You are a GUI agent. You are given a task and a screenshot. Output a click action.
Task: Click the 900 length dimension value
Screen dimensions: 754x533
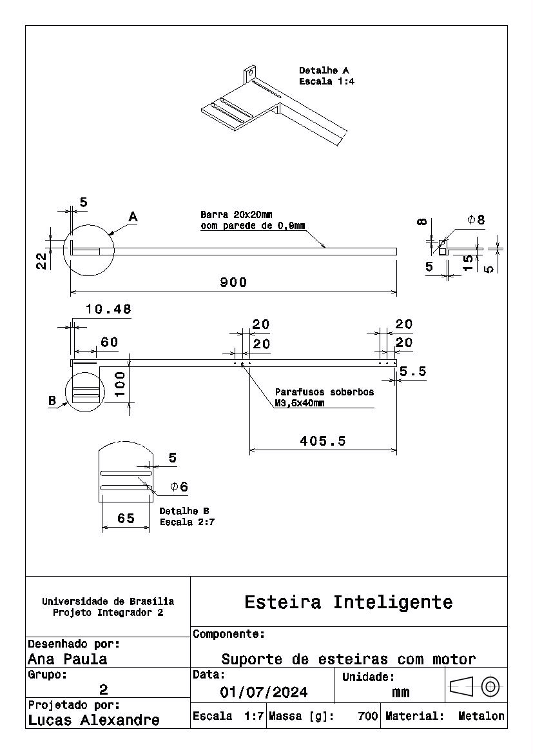233,283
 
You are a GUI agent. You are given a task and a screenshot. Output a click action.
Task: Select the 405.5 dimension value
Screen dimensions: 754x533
322,441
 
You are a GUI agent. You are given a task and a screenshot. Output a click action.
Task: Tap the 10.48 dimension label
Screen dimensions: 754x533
108,310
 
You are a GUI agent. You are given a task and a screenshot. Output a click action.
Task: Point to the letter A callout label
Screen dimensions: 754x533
133,217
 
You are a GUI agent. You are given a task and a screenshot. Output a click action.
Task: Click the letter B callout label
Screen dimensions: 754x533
52,401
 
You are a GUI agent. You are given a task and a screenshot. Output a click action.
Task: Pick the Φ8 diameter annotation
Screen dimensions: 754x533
476,220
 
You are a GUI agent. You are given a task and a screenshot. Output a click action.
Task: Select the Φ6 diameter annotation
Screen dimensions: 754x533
179,486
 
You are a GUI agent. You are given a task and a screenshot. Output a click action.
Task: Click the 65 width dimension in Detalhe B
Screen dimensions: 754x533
126,519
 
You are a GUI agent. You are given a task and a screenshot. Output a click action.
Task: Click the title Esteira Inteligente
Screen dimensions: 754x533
348,602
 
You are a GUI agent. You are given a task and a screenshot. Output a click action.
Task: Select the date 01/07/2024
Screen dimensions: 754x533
264,693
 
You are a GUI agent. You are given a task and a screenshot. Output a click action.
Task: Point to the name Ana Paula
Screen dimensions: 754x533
68,659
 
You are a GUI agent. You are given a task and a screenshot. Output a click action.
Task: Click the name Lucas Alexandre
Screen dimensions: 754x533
94,720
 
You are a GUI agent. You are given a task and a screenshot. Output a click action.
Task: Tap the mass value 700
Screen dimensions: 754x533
368,716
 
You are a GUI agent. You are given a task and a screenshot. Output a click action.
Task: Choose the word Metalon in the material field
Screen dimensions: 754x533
481,716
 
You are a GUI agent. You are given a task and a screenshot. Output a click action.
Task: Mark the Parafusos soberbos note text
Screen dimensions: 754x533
324,392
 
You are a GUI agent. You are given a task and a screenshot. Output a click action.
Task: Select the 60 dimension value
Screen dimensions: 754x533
109,342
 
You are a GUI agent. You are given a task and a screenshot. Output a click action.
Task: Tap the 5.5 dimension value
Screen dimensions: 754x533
412,372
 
